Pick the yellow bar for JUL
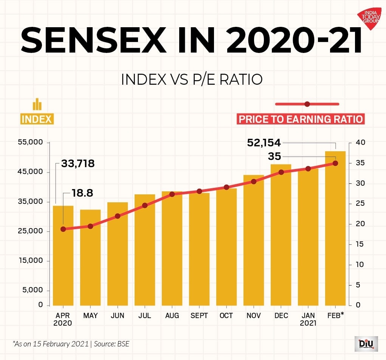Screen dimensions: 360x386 tap(145, 250)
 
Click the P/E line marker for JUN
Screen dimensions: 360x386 tap(118, 216)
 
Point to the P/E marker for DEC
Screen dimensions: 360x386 tap(281, 172)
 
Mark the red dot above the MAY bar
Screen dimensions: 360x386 tap(90, 226)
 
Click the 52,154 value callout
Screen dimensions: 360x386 tap(264, 143)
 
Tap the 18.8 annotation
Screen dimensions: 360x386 tap(82, 193)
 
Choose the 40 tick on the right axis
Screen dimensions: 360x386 tap(360, 143)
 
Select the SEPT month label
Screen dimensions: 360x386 tap(199, 316)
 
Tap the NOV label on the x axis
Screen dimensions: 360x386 tap(253, 316)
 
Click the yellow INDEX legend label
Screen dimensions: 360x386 tap(37, 119)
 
